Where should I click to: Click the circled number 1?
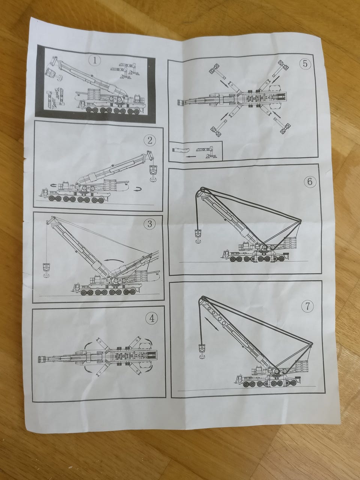click(x=94, y=60)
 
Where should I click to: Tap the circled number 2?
click(x=150, y=140)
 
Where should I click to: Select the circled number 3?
click(x=150, y=223)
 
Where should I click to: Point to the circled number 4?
click(x=152, y=318)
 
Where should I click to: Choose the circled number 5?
click(x=305, y=64)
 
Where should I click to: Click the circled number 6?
click(x=310, y=181)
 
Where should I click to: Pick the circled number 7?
click(x=307, y=306)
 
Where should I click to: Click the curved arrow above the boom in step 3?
click(x=114, y=260)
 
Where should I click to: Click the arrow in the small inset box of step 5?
click(x=190, y=157)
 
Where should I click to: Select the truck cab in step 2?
click(x=44, y=193)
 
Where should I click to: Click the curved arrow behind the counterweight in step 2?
click(x=137, y=189)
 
